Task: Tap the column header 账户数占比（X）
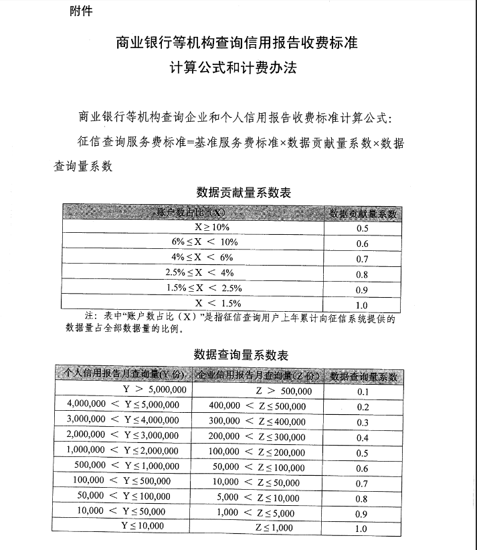click(x=193, y=212)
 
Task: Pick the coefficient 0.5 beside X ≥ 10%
click(x=363, y=228)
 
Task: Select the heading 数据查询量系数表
click(x=241, y=354)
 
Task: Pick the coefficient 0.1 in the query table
click(x=363, y=391)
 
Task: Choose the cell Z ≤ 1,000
click(x=274, y=527)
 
